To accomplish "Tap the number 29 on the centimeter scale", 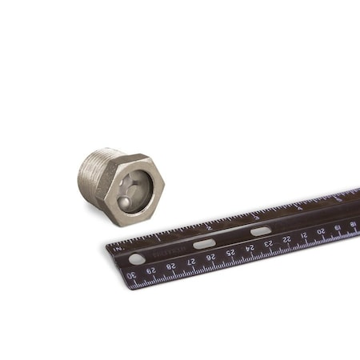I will [x=151, y=270].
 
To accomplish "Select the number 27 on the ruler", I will [x=191, y=262].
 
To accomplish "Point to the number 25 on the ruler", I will [x=230, y=253].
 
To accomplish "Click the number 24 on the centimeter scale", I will [x=250, y=248].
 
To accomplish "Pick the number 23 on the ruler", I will [x=269, y=244].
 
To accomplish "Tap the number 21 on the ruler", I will [x=304, y=236].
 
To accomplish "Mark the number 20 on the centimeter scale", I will [x=321, y=232].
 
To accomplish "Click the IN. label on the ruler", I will [x=118, y=249].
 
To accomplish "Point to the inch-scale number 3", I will [x=256, y=217].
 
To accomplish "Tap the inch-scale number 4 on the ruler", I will [x=299, y=207].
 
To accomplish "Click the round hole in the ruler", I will [x=137, y=259].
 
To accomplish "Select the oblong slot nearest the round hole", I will [x=204, y=244].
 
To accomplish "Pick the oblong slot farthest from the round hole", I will [x=261, y=231].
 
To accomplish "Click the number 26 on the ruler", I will [x=210, y=258].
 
